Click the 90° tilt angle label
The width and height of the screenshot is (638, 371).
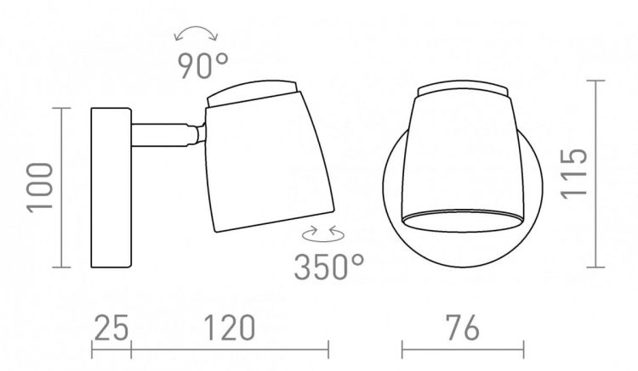(203, 65)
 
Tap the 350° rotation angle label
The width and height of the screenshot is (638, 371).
(328, 267)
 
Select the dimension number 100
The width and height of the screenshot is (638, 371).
(40, 188)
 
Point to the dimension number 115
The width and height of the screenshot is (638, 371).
(574, 174)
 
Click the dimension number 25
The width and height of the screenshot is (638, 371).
(111, 328)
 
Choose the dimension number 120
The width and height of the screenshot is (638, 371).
(229, 328)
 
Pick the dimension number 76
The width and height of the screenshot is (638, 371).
(463, 328)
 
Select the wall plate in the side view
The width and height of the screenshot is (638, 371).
(111, 188)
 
